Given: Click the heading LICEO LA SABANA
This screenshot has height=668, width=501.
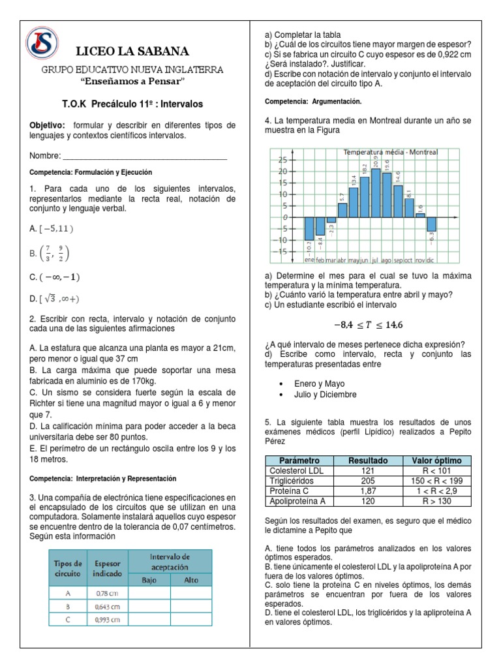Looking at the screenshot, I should click(132, 51).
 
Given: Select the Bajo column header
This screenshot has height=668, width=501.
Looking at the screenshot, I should click(147, 579).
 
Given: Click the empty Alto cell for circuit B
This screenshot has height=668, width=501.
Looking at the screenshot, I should click(192, 607).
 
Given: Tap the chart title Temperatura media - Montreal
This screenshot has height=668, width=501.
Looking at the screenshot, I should click(390, 152).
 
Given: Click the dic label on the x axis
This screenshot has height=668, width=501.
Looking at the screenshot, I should click(431, 260).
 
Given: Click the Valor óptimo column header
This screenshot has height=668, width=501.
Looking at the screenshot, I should click(433, 460).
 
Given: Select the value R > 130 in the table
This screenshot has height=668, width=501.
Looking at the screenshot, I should click(433, 501).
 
